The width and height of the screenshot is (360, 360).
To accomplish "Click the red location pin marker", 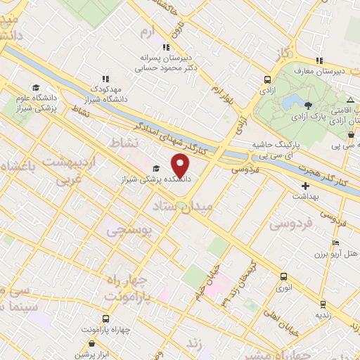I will click(181, 165).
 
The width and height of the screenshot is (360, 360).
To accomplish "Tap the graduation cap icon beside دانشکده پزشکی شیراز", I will click(155, 167).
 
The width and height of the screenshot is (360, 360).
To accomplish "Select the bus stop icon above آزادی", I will click(267, 79).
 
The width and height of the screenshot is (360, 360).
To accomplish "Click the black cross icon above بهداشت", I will click(304, 186).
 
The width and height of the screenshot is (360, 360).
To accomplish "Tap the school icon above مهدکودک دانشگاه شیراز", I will click(105, 79).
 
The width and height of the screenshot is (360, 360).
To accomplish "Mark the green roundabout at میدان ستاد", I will click(181, 207).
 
